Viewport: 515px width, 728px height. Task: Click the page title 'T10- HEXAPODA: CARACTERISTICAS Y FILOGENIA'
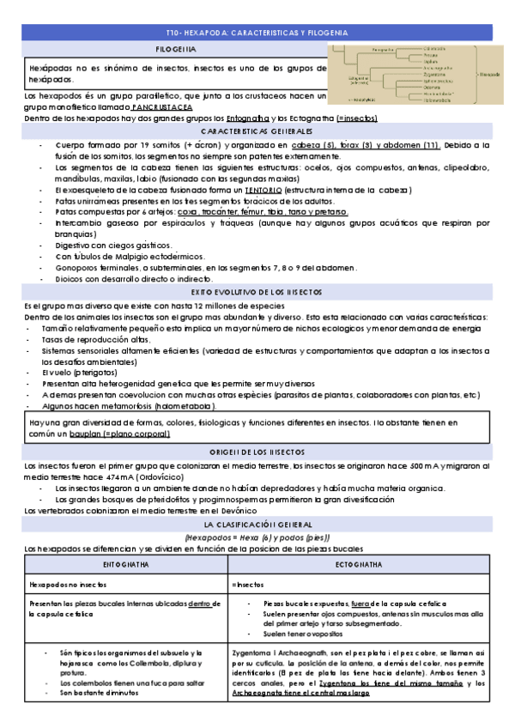click(x=257, y=32)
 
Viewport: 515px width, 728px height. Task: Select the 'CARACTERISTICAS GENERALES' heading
click(x=257, y=132)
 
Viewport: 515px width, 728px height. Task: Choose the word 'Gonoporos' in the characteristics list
click(x=75, y=267)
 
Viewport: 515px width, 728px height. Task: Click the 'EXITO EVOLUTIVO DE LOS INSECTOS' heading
click(x=257, y=293)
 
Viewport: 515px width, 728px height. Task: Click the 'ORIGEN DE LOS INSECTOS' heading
click(x=257, y=452)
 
